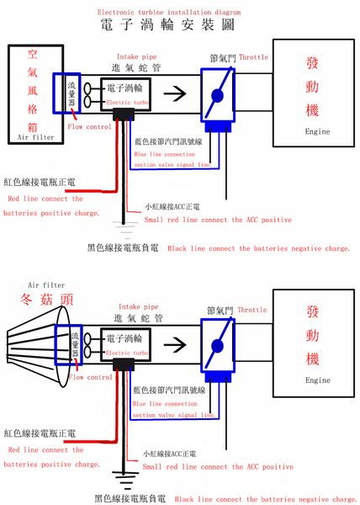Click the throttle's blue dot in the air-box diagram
[x=218, y=94]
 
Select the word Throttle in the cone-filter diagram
[x=253, y=310]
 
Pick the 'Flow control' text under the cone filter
[x=88, y=378]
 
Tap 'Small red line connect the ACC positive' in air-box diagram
[x=216, y=220]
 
